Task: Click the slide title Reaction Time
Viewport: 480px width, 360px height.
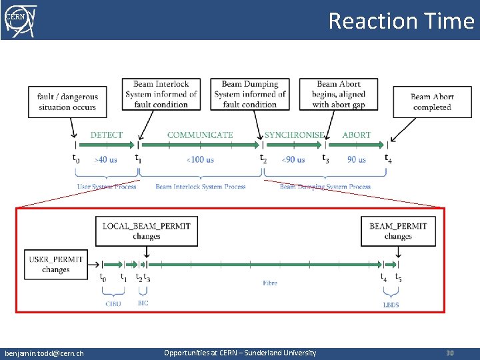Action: pyautogui.click(x=401, y=21)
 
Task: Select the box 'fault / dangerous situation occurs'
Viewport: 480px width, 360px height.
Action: pyautogui.click(x=67, y=102)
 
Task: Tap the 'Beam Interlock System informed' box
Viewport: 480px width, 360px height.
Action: pyautogui.click(x=161, y=94)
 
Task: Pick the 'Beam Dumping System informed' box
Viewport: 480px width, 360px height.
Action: pyautogui.click(x=250, y=94)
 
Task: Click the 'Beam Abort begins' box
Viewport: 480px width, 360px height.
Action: pyautogui.click(x=338, y=94)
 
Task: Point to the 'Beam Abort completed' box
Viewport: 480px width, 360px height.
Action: pyautogui.click(x=432, y=102)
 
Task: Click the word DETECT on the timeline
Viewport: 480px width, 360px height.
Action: pyautogui.click(x=106, y=135)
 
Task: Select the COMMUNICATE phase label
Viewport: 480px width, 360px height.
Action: pyautogui.click(x=200, y=135)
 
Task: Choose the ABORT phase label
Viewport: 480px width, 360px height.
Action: pyautogui.click(x=356, y=135)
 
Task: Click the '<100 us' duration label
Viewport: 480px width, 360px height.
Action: pyautogui.click(x=200, y=159)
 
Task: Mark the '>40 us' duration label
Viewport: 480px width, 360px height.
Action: pyautogui.click(x=105, y=159)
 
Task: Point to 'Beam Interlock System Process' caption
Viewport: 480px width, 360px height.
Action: pyautogui.click(x=201, y=187)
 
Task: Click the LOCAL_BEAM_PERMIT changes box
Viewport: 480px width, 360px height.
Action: pyautogui.click(x=147, y=231)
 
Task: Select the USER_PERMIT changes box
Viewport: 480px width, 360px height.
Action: pyautogui.click(x=56, y=264)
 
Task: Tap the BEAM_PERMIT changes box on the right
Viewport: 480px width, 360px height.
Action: pyautogui.click(x=398, y=231)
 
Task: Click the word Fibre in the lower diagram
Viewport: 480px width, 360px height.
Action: pyautogui.click(x=270, y=283)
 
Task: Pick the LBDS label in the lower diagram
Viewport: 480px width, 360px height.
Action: pyautogui.click(x=391, y=305)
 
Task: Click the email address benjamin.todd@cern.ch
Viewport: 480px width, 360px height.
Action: pyautogui.click(x=44, y=353)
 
